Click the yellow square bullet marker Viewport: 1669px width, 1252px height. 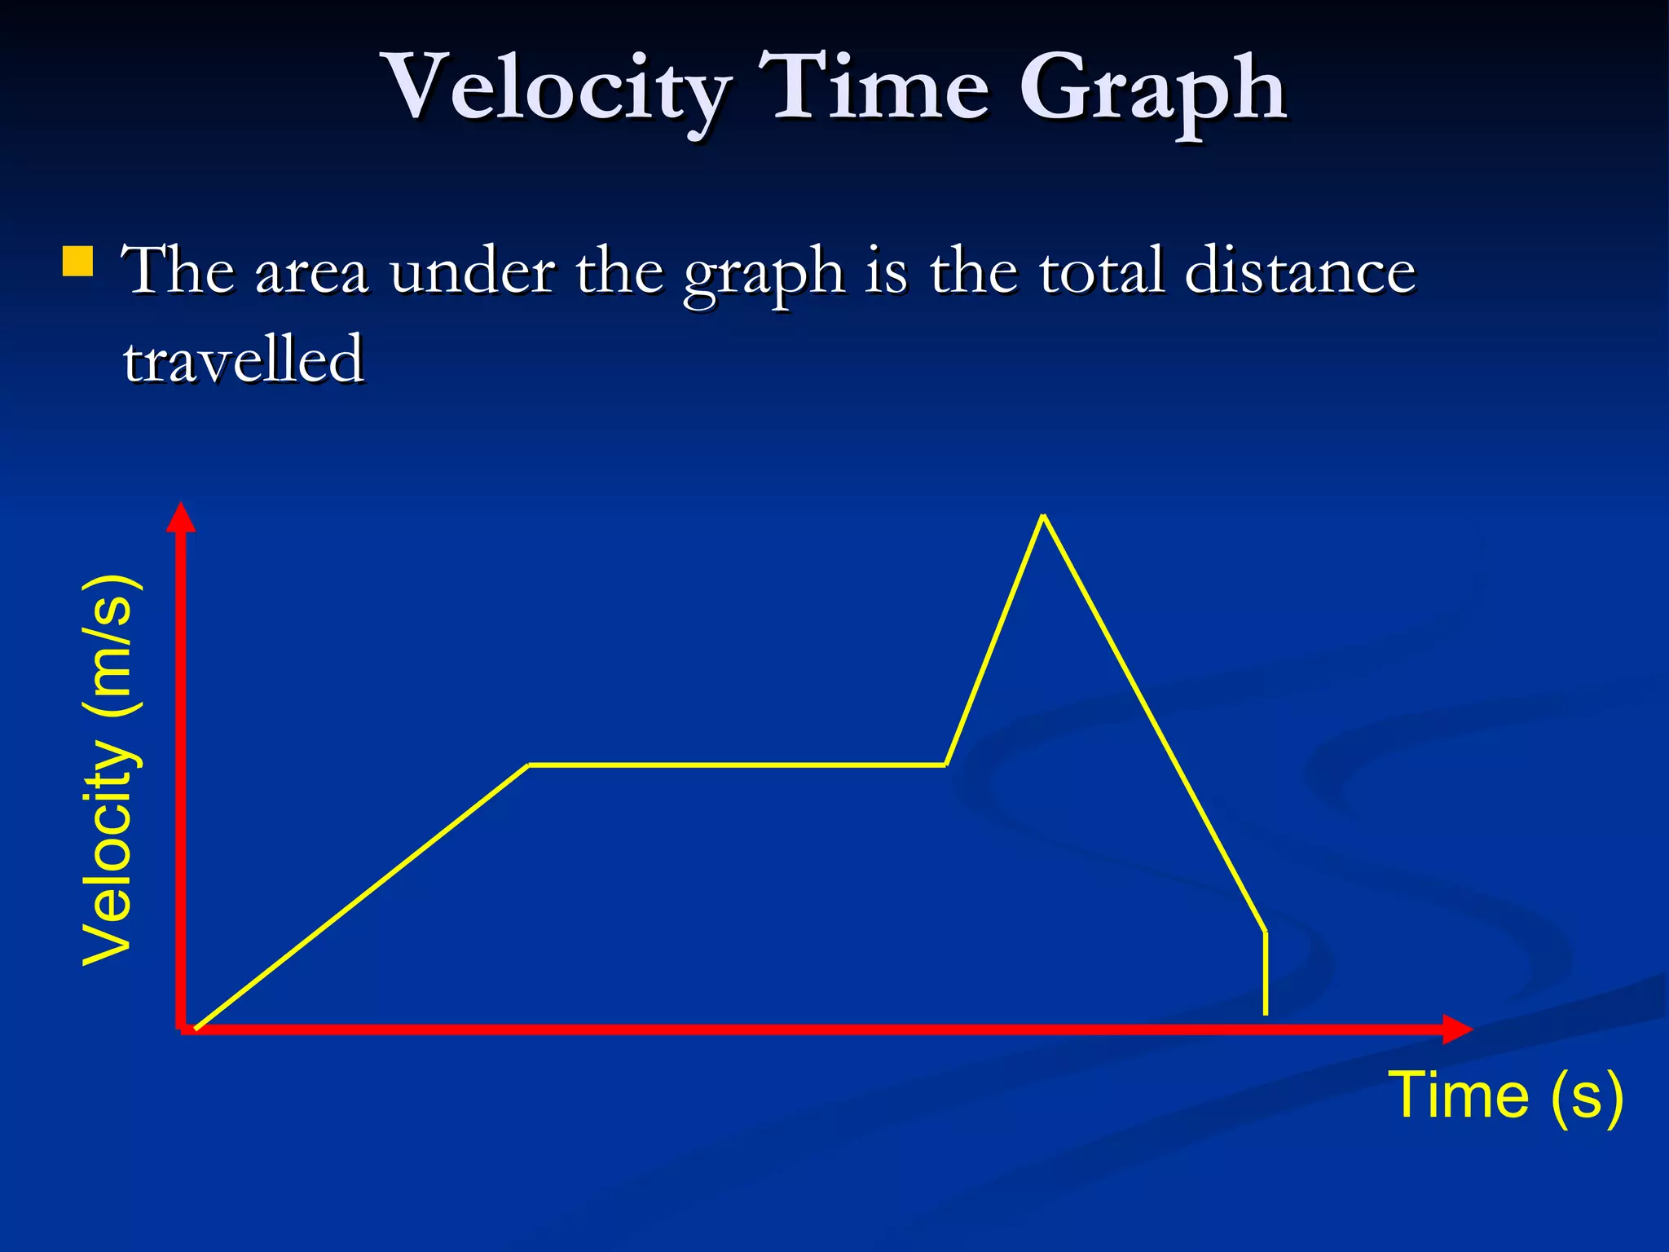pos(77,262)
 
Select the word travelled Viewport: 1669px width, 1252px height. pos(243,359)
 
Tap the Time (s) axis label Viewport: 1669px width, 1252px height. pos(1505,1095)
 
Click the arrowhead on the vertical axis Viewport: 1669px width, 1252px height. pos(181,517)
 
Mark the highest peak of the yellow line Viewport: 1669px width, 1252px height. pos(1043,516)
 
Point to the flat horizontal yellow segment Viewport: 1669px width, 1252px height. pos(737,765)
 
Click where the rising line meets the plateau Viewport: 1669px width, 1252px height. pos(528,765)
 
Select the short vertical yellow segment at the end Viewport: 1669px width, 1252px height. pos(1265,973)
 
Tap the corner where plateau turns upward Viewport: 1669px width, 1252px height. pos(946,765)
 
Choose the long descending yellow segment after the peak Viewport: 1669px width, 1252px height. pos(1154,722)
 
